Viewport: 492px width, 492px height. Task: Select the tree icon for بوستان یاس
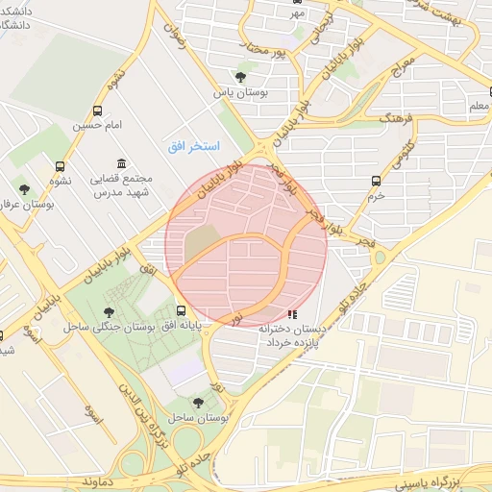[x=239, y=77]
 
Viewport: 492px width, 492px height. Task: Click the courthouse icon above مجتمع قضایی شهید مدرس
[x=120, y=164]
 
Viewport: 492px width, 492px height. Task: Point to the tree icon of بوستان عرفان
[x=24, y=189]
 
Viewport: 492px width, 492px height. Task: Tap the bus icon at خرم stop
[x=376, y=180]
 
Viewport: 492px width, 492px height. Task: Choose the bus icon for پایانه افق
[x=182, y=310]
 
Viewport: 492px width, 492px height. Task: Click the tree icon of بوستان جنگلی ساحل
[x=109, y=311]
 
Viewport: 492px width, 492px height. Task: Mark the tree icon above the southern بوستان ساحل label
[x=198, y=403]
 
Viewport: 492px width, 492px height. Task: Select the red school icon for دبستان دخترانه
[x=292, y=313]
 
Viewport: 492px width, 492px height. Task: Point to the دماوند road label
[x=99, y=479]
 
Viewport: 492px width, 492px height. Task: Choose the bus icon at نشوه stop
[x=61, y=165]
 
